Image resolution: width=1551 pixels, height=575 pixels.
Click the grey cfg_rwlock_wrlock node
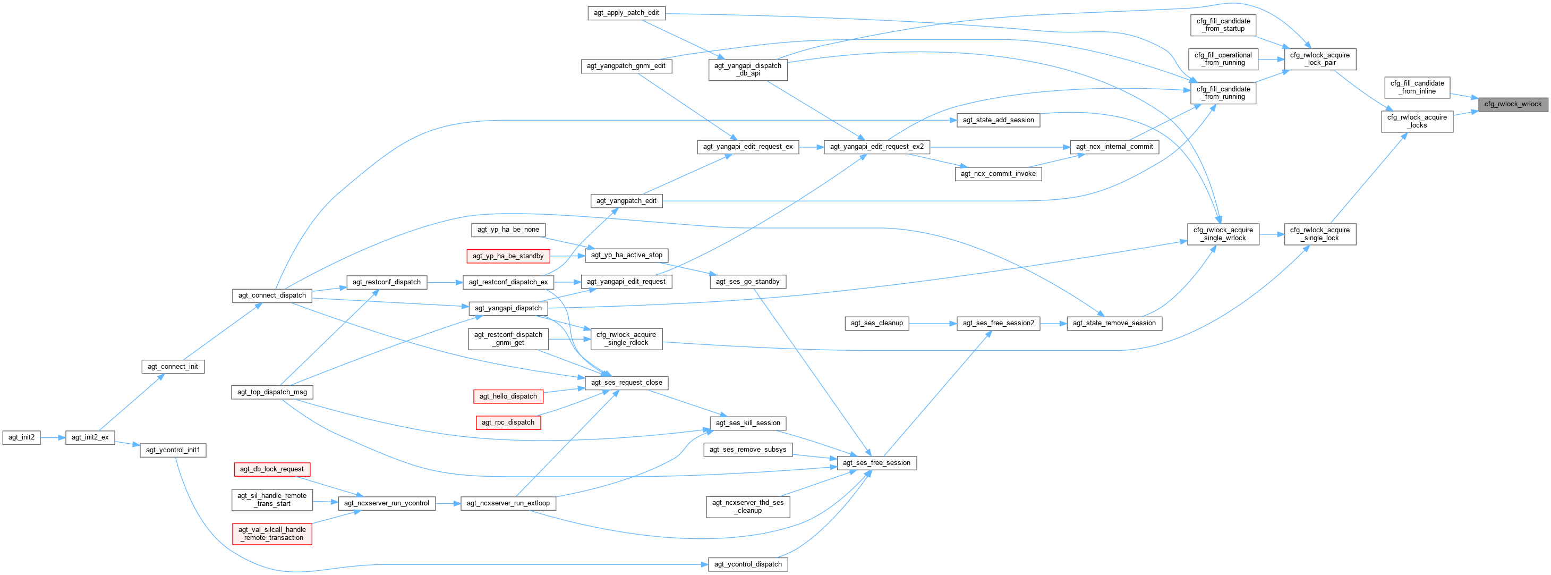tap(1512, 104)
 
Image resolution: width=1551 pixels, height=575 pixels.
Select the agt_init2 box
tap(22, 437)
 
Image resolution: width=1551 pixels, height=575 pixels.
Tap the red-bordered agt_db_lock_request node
tap(271, 469)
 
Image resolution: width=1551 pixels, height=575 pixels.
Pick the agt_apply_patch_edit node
tap(626, 13)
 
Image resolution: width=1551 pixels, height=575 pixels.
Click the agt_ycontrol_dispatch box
tap(748, 564)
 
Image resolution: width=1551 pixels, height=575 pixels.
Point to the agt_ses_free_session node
tap(876, 462)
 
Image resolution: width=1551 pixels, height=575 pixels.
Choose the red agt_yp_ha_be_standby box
tap(508, 256)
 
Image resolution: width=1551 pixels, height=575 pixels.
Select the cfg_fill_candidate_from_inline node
tap(1417, 87)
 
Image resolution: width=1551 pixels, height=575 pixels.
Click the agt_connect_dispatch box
tap(271, 295)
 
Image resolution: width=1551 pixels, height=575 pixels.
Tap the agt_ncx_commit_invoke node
tap(998, 173)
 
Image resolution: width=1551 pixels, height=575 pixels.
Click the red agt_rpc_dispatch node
tap(508, 422)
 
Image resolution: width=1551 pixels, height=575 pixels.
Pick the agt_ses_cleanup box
tap(876, 323)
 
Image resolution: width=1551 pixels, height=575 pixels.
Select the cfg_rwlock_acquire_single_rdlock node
tap(626, 339)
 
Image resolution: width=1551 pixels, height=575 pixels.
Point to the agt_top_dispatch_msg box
tap(271, 392)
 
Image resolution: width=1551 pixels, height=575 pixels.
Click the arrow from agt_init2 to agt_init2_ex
tap(53, 438)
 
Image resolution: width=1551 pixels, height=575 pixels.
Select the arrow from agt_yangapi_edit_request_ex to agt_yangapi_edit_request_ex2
tap(811, 146)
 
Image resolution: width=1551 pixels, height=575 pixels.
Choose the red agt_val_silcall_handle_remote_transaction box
tap(271, 534)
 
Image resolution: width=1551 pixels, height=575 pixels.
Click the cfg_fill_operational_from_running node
tap(1223, 59)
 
